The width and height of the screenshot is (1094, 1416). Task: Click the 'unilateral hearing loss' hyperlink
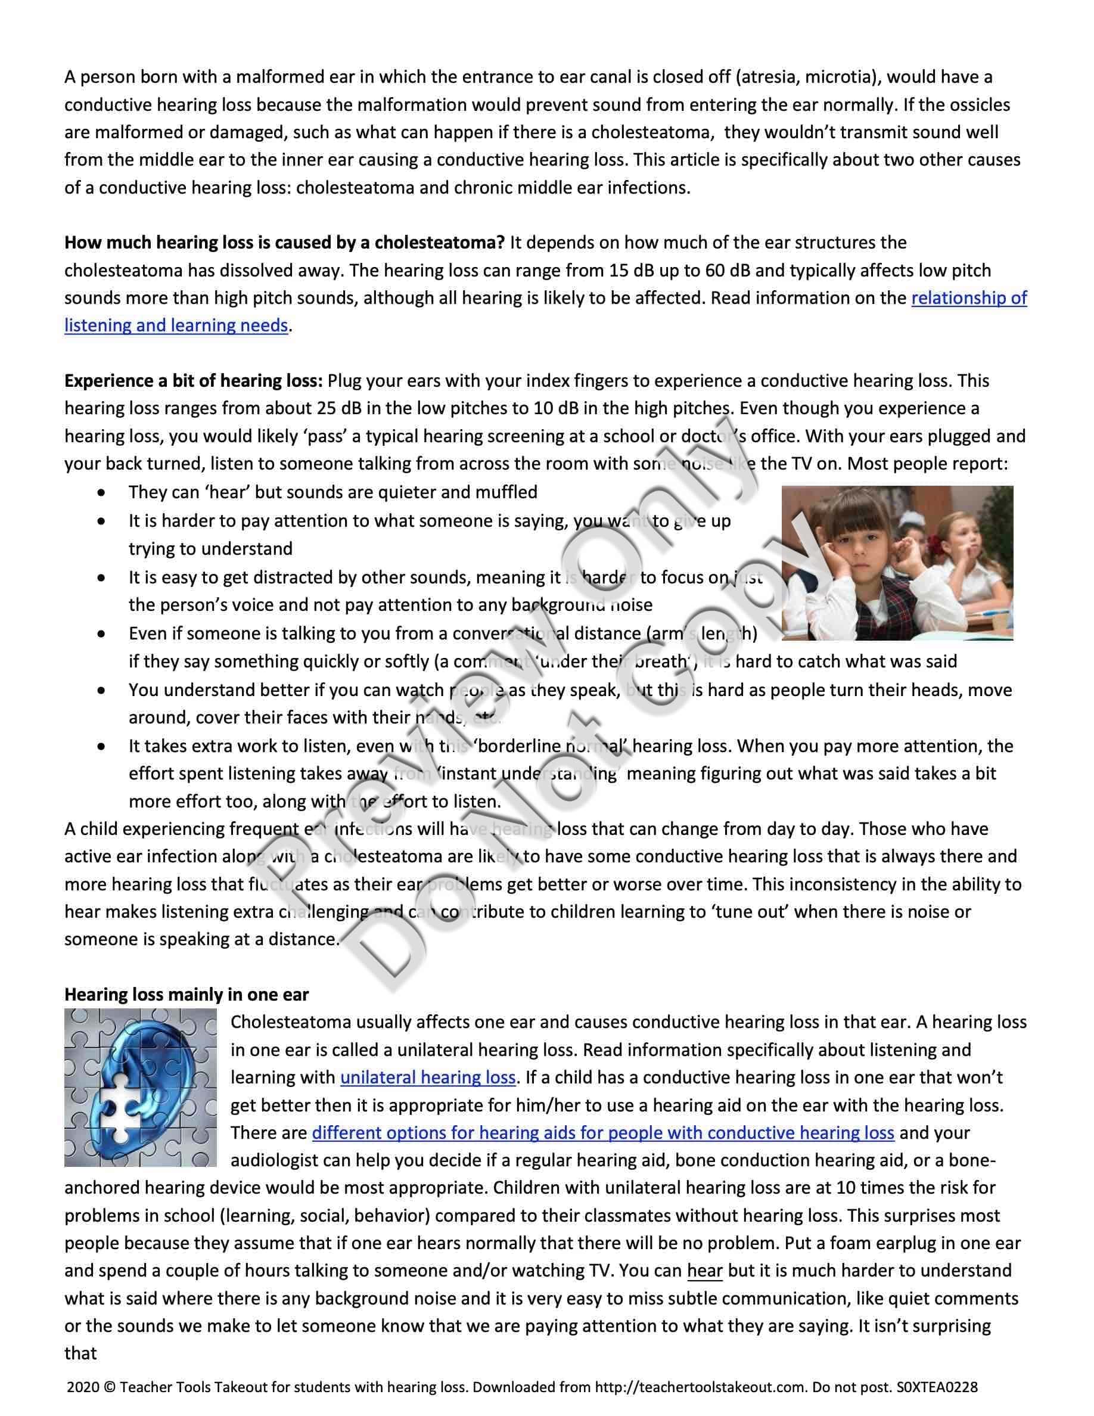[428, 1077]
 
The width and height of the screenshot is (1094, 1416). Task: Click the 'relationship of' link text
[969, 298]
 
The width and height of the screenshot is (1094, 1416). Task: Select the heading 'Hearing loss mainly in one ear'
[186, 995]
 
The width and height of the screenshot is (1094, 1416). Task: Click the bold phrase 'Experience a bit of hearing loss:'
[193, 381]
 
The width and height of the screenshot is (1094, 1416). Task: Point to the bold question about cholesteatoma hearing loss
[284, 243]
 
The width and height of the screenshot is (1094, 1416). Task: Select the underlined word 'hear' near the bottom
[704, 1271]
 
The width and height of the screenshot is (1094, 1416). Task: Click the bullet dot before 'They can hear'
[101, 493]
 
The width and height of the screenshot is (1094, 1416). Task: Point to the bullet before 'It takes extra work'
[101, 746]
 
